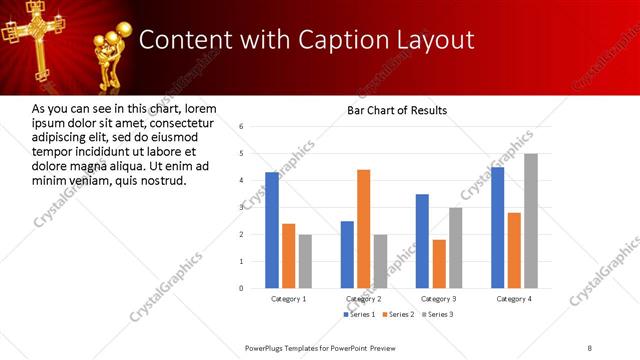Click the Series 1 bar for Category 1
click(x=272, y=230)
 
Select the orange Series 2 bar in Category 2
click(x=363, y=229)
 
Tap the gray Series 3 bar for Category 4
click(x=531, y=220)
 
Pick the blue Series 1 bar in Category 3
click(x=422, y=241)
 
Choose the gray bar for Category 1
click(x=305, y=261)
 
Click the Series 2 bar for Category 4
click(x=514, y=250)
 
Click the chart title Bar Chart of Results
click(x=397, y=110)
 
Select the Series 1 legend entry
click(x=360, y=315)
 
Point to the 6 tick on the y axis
click(x=242, y=127)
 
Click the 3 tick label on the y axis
click(x=242, y=207)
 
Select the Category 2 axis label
click(x=363, y=299)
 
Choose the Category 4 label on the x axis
click(x=514, y=299)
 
